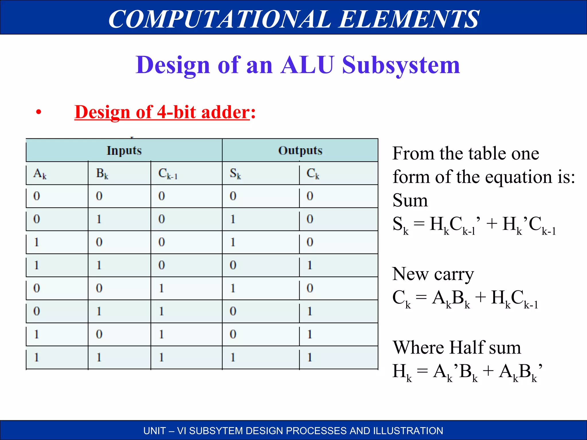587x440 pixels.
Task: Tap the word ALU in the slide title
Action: (307, 65)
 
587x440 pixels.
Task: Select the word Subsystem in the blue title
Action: (401, 65)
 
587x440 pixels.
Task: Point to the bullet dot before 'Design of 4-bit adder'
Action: (39, 112)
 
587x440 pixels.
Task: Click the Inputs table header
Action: (124, 151)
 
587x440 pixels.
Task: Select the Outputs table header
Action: (300, 151)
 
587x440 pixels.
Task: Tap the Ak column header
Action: (40, 174)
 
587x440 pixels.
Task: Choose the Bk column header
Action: (102, 174)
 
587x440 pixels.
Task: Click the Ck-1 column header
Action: (168, 174)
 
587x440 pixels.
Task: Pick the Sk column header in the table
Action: (235, 174)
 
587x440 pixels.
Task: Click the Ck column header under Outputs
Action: (313, 174)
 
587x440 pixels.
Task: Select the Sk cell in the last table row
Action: (233, 357)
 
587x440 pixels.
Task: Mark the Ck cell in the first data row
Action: (310, 196)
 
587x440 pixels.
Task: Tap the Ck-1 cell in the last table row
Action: (162, 357)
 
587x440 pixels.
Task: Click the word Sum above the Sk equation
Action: (410, 200)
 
